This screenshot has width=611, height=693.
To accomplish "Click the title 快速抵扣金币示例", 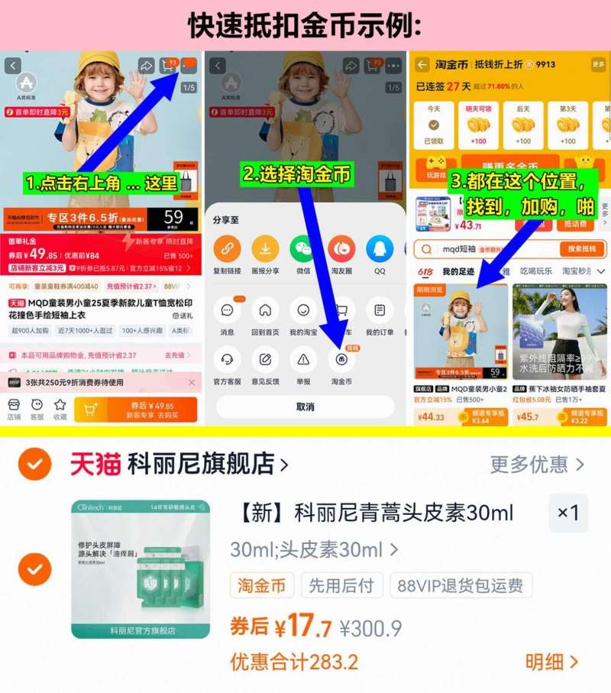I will tap(305, 24).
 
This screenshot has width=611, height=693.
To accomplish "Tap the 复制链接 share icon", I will tap(226, 248).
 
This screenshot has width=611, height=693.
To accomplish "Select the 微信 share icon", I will tap(302, 248).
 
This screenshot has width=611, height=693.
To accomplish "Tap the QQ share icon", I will tap(380, 248).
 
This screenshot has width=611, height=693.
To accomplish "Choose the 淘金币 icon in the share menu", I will tap(341, 359).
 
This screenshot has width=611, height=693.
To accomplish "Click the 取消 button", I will tap(305, 406).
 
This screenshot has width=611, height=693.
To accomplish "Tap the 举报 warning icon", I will tap(303, 359).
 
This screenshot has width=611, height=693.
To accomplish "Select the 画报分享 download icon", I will tap(264, 248).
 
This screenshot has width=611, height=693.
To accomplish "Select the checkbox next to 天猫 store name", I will tap(34, 464).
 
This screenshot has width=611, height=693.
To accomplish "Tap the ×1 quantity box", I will tap(568, 513).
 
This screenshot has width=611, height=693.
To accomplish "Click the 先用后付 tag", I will tap(341, 586).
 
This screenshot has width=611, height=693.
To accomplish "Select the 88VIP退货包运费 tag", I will tap(461, 586).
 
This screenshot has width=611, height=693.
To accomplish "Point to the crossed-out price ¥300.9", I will tap(371, 629).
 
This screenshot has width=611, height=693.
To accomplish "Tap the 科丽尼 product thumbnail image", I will tap(141, 568).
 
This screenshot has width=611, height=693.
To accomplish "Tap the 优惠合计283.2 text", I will tap(294, 661).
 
